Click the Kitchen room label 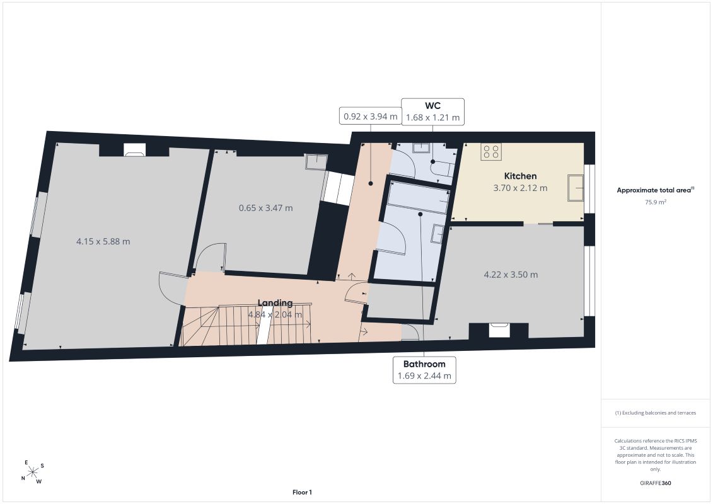click(x=520, y=176)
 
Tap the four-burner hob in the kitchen click(x=491, y=152)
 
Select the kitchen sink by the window click(x=576, y=188)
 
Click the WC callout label click(x=432, y=112)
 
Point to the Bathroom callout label click(x=424, y=370)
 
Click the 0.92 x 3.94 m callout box click(x=370, y=116)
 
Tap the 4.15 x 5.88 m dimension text click(x=103, y=241)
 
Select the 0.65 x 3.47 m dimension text click(x=266, y=208)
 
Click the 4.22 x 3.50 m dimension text click(x=511, y=275)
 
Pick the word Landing click(x=275, y=302)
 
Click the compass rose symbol click(x=33, y=472)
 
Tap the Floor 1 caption click(x=302, y=492)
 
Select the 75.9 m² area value click(x=655, y=202)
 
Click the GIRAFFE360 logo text click(x=655, y=483)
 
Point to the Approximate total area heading click(x=655, y=190)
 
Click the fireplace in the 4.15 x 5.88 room click(x=135, y=150)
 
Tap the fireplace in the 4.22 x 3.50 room click(x=499, y=330)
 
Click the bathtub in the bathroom click(x=419, y=198)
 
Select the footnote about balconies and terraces click(x=655, y=413)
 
